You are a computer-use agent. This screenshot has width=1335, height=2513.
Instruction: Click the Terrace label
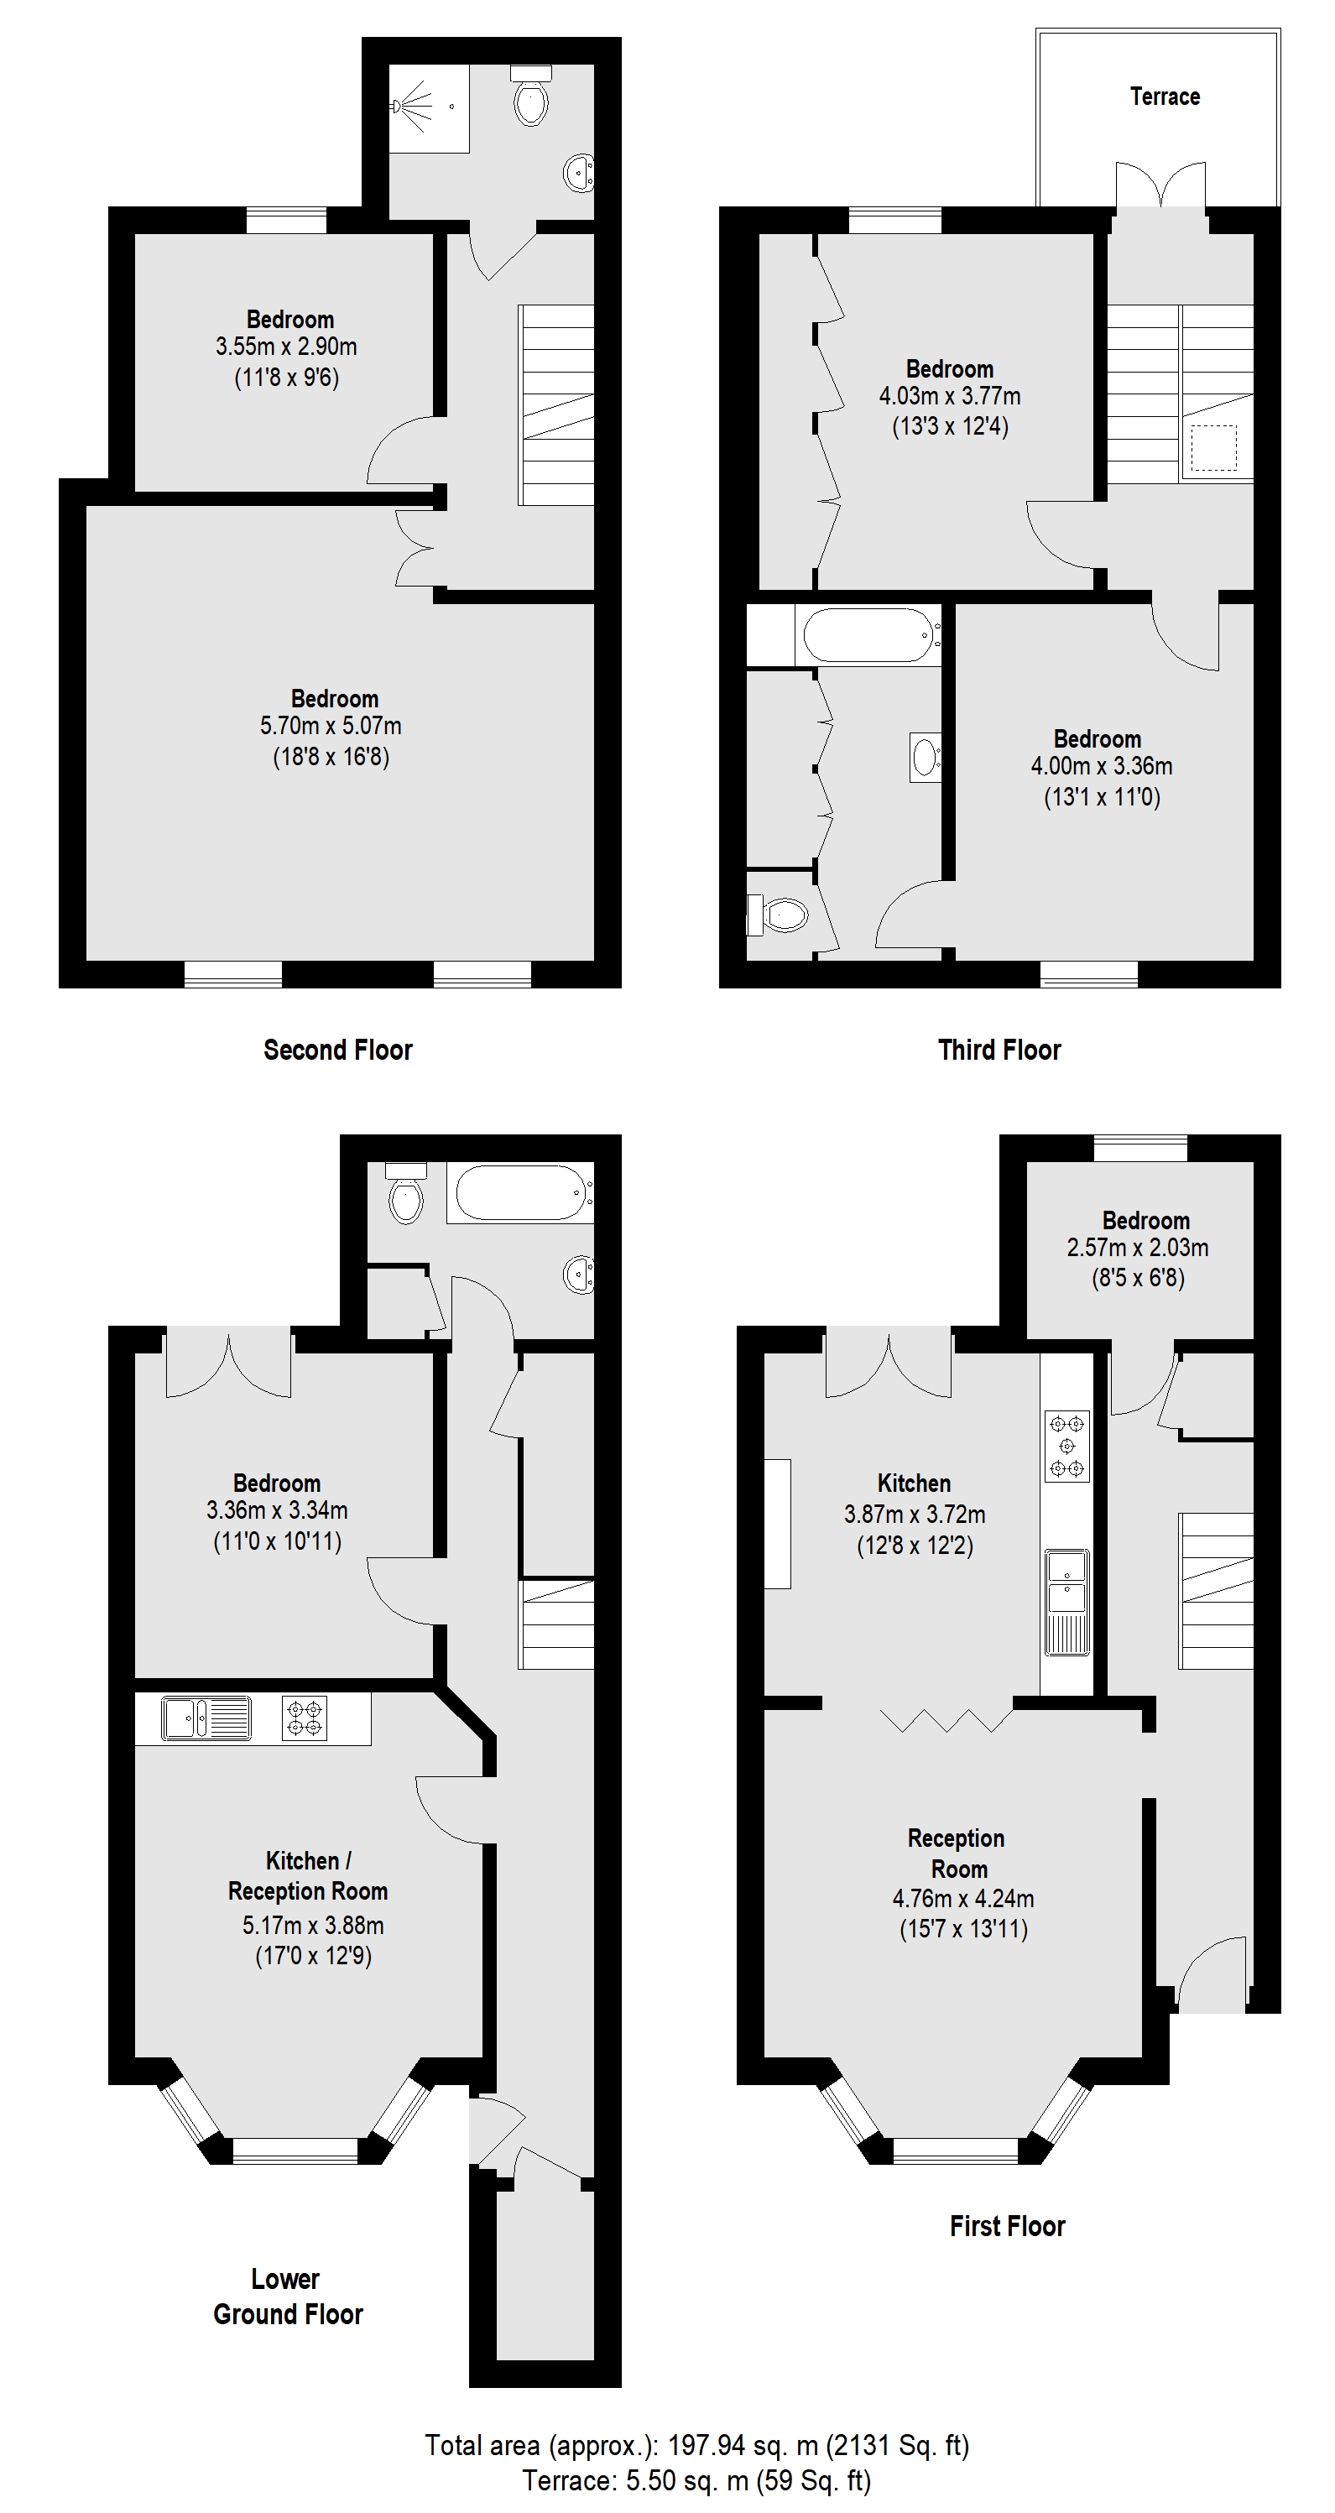click(1164, 96)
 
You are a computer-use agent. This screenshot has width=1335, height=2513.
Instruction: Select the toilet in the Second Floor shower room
click(532, 97)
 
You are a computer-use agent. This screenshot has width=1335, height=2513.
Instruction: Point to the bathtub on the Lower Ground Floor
click(523, 1192)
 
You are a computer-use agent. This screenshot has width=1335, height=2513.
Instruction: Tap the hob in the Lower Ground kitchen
click(304, 1718)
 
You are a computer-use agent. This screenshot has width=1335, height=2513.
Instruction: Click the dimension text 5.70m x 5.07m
click(331, 726)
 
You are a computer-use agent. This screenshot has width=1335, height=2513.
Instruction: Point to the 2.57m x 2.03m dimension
click(1138, 1248)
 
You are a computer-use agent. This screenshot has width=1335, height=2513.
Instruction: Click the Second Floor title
click(337, 1050)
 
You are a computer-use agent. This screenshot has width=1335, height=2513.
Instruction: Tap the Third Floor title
click(999, 1050)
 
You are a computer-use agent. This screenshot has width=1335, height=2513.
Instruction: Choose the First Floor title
click(1007, 2225)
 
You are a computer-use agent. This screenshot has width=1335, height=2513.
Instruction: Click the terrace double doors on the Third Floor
click(1160, 185)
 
